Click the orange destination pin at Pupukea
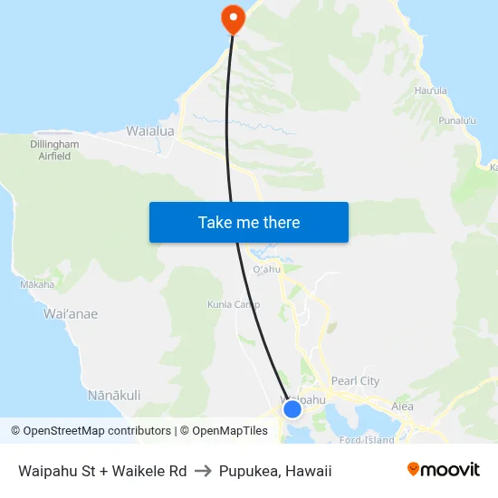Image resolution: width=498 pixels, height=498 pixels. click(233, 17)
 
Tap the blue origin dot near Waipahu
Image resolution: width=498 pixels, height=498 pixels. click(292, 409)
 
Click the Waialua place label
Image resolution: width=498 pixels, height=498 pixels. click(150, 130)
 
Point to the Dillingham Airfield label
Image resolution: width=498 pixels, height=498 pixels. click(54, 150)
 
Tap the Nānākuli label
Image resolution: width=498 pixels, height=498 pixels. click(114, 395)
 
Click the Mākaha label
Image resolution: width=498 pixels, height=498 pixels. click(37, 284)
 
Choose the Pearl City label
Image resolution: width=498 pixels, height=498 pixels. click(356, 381)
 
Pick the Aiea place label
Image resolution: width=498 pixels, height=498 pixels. click(403, 407)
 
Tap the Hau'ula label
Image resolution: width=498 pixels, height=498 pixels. click(430, 91)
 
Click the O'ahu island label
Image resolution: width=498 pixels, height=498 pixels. click(267, 269)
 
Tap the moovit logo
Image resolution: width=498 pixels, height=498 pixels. click(444, 470)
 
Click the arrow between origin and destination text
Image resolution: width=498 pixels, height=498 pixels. click(203, 471)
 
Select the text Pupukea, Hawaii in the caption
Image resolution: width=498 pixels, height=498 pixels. click(275, 471)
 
